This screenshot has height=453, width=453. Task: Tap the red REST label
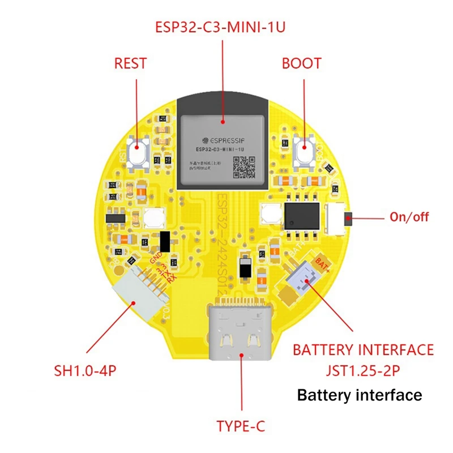click(x=130, y=63)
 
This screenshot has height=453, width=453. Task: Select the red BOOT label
click(x=301, y=63)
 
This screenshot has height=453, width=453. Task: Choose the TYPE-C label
click(x=241, y=425)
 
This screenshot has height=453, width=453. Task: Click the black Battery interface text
click(x=360, y=395)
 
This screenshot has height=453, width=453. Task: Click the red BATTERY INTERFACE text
click(x=363, y=349)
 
